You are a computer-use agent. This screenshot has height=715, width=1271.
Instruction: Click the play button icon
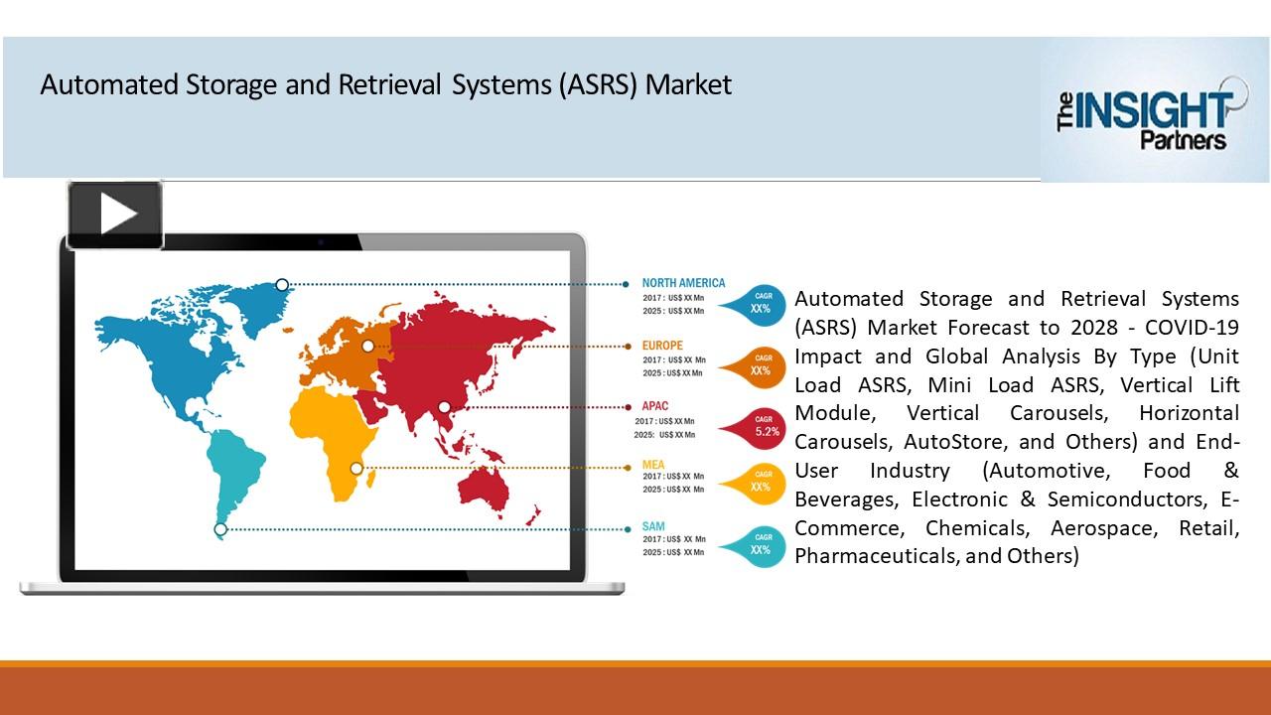[x=115, y=214]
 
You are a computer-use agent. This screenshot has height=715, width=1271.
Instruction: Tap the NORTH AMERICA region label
[x=683, y=283]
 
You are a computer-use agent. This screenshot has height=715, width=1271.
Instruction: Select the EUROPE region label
[x=662, y=346]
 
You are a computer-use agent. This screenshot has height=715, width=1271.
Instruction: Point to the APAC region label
[x=654, y=406]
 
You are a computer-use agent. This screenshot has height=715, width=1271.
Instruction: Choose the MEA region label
[x=652, y=465]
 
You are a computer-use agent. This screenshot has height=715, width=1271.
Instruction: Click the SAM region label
[x=652, y=526]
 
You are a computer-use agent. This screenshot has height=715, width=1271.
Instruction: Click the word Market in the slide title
[x=688, y=85]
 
